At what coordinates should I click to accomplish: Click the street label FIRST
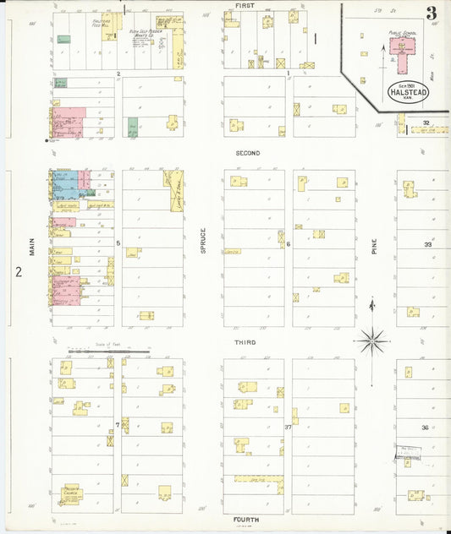(x=245, y=5)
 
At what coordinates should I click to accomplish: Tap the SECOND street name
(x=248, y=153)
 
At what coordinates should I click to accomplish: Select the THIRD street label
(x=246, y=342)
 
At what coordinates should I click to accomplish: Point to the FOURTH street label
(x=247, y=519)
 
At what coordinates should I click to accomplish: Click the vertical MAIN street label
(x=33, y=247)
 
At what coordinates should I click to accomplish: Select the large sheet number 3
(x=432, y=13)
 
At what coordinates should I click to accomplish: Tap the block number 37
(x=288, y=428)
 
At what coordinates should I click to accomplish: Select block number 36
(x=426, y=428)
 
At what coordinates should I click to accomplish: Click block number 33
(x=427, y=244)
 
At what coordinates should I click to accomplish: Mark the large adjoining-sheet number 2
(x=17, y=272)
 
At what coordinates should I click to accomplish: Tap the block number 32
(x=427, y=123)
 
